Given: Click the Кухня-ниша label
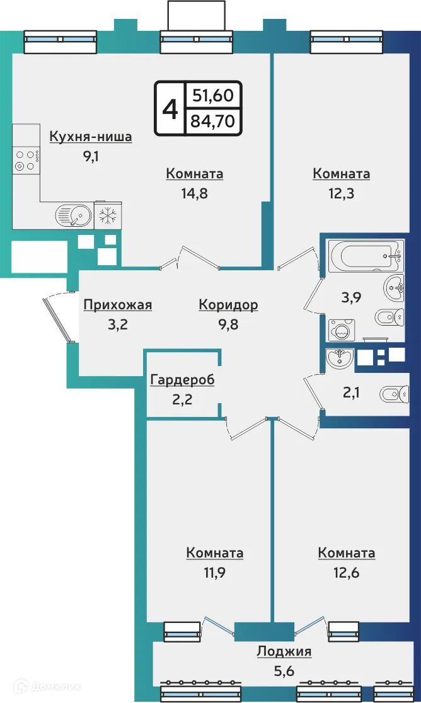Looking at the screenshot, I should [91, 137].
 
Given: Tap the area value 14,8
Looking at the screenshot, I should [194, 193].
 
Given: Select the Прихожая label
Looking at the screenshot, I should [118, 306].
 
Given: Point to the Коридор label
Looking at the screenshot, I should [228, 306].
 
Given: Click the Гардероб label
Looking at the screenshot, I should [183, 380].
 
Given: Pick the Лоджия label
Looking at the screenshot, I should [284, 651].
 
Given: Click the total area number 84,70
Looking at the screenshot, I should [212, 120].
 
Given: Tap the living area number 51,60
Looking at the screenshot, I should [212, 96].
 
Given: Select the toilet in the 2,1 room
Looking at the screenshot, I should [394, 395].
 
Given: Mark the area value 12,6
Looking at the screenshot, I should [347, 573].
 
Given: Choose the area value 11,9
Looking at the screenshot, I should [214, 573].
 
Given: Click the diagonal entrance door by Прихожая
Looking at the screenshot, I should [58, 319].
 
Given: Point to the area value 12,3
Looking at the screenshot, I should [341, 193].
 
